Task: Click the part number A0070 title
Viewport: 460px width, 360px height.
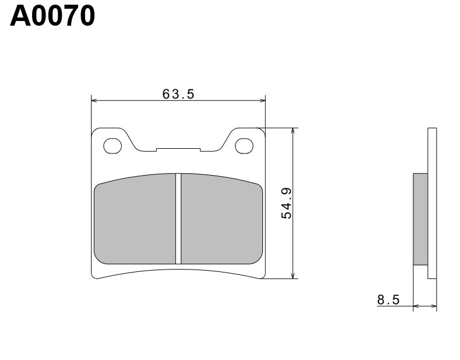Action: click(x=52, y=17)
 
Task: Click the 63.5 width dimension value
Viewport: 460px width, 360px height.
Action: click(x=178, y=93)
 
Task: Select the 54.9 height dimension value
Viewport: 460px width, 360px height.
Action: click(x=286, y=204)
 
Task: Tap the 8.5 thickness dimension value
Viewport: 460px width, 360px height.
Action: click(x=388, y=300)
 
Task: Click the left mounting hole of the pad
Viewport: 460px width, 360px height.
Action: click(x=113, y=146)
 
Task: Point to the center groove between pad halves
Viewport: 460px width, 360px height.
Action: click(x=178, y=219)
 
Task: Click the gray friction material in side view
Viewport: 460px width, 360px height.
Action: click(x=420, y=219)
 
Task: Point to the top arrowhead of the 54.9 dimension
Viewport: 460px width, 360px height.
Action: click(x=293, y=131)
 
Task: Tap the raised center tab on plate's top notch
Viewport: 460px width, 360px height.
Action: click(x=178, y=149)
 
